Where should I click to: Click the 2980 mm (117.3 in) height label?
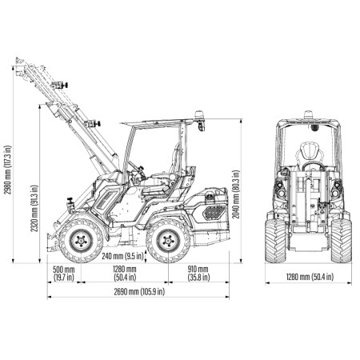click(8, 170)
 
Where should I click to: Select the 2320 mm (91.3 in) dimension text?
click(34, 208)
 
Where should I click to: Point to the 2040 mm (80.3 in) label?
click(236, 194)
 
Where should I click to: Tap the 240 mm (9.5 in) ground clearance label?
click(122, 256)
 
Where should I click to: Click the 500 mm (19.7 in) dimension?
click(63, 273)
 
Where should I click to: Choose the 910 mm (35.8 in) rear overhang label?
click(198, 273)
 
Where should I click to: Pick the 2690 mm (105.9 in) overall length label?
click(139, 292)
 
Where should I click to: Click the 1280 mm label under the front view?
click(310, 277)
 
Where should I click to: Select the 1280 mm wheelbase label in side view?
click(125, 273)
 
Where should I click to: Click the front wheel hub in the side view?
click(81, 241)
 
